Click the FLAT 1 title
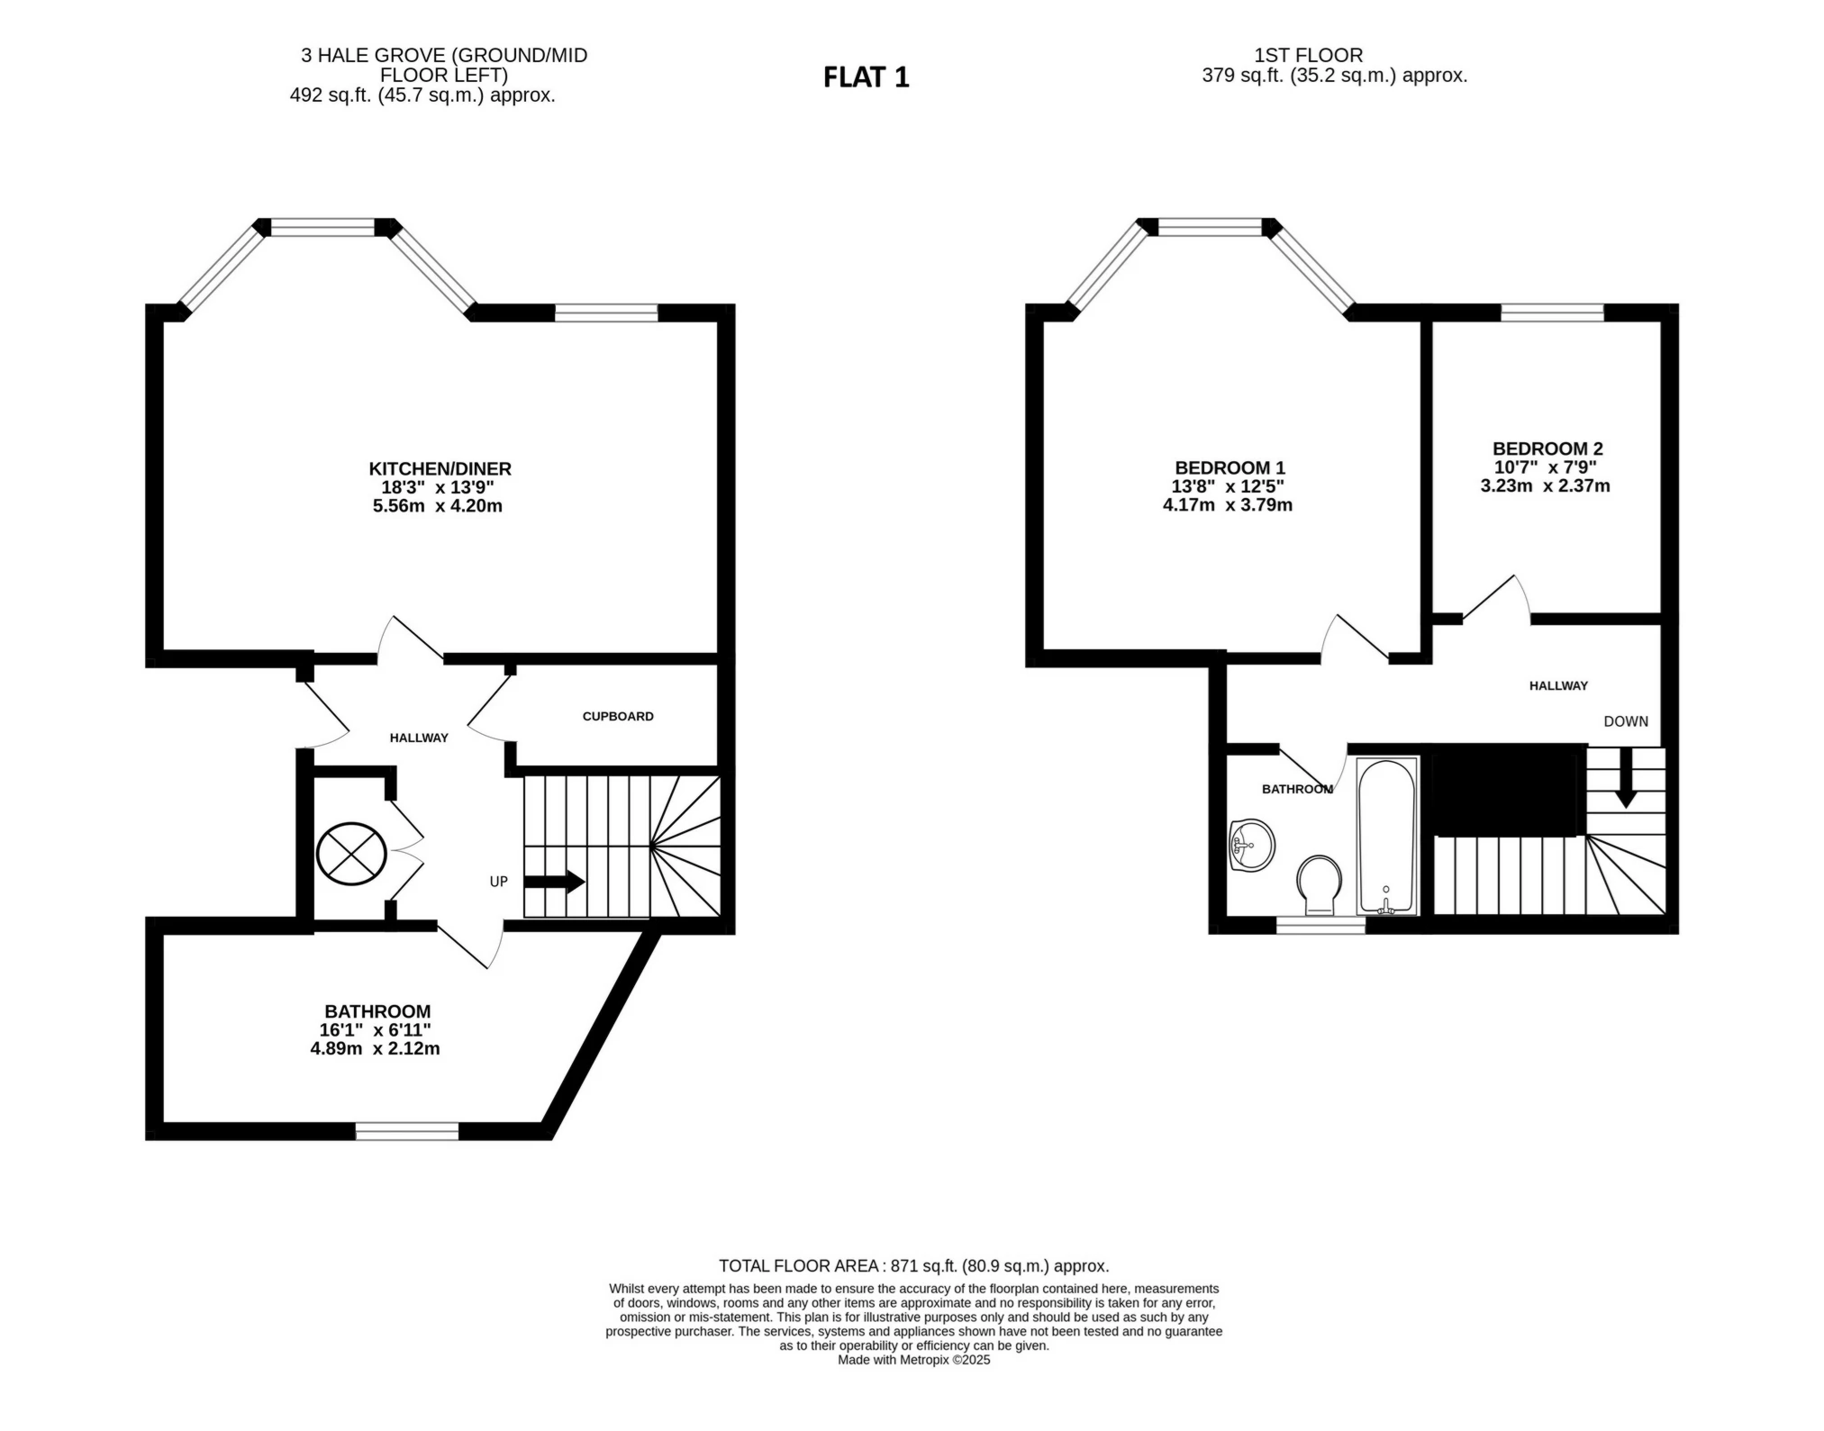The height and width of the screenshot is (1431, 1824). click(866, 77)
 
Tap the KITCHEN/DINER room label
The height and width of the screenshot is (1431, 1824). click(440, 468)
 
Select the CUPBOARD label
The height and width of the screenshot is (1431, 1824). click(618, 716)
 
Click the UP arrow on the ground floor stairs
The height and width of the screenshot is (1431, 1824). click(554, 882)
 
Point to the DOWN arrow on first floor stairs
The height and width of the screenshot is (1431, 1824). click(1625, 779)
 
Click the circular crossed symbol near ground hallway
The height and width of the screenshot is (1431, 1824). click(351, 853)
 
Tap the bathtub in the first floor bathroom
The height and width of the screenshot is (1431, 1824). click(1386, 837)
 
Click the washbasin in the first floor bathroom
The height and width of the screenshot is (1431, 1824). click(1251, 845)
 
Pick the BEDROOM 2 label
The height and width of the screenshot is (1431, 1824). click(1547, 448)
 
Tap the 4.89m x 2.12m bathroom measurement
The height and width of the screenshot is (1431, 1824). click(375, 1048)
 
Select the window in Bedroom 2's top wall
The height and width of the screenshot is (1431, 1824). click(1552, 312)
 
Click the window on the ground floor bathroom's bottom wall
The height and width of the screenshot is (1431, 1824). click(407, 1131)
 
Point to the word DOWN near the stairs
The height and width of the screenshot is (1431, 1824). click(1625, 721)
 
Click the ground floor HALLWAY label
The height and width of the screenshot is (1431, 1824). click(419, 738)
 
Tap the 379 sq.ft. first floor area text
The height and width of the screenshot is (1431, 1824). click(1334, 76)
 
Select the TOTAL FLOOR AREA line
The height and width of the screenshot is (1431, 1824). click(913, 1265)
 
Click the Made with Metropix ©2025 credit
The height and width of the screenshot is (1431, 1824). click(913, 1360)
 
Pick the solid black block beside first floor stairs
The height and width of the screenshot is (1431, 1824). click(1509, 790)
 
